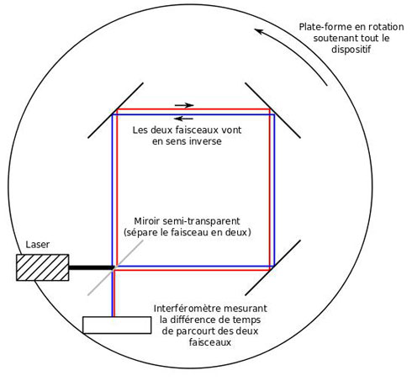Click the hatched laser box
43,267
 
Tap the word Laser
38,245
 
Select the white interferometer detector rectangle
117,325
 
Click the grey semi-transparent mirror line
115,267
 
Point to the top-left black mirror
115,110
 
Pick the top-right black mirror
272,110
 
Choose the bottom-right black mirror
272,267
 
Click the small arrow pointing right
184,105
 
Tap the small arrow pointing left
183,119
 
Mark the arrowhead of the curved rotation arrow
257,30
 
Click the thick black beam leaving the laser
91,267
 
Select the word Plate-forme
325,27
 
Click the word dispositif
351,50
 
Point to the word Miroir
147,221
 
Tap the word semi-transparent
201,221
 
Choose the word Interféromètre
188,309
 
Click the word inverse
206,141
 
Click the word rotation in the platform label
386,27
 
